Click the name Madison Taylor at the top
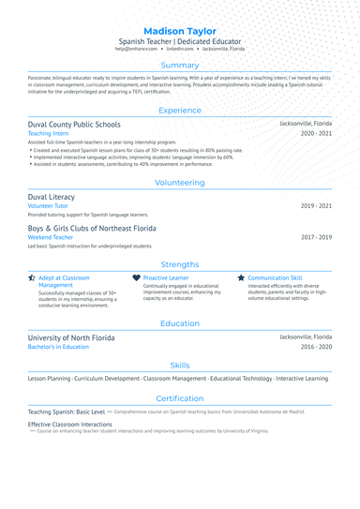click(x=180, y=31)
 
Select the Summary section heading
click(x=180, y=66)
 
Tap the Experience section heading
click(x=180, y=111)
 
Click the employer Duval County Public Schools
click(x=74, y=124)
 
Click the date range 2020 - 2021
click(x=316, y=134)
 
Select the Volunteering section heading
click(x=180, y=183)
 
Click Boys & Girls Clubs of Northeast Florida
click(x=92, y=228)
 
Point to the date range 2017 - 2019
click(x=316, y=237)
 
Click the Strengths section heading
click(x=180, y=264)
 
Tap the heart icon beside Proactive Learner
click(x=136, y=278)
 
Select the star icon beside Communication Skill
click(x=241, y=278)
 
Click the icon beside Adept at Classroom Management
click(x=32, y=278)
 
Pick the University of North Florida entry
click(x=71, y=337)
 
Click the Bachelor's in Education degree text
click(x=58, y=347)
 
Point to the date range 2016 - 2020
click(x=316, y=347)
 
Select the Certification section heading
click(x=180, y=398)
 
